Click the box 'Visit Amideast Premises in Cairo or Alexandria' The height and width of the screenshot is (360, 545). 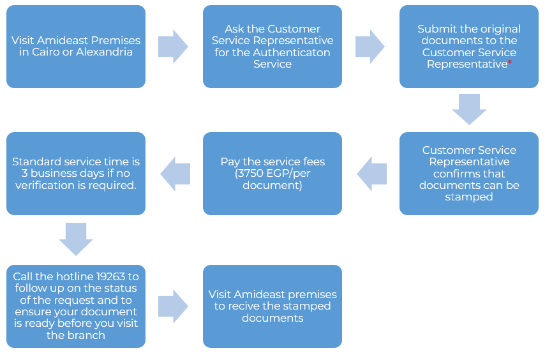click(76, 47)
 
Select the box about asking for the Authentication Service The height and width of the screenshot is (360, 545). click(272, 47)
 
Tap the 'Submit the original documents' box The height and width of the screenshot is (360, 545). click(469, 47)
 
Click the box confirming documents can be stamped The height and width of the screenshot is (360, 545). click(469, 174)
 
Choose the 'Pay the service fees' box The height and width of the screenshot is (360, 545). click(272, 174)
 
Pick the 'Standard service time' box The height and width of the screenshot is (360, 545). click(76, 174)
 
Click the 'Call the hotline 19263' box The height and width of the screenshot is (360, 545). click(76, 306)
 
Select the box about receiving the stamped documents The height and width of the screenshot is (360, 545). click(272, 306)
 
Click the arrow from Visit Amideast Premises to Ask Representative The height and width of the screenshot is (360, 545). click(173, 47)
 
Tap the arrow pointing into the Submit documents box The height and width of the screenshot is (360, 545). click(370, 47)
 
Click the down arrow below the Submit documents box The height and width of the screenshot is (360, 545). click(469, 109)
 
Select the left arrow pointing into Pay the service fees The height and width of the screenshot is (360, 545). click(371, 174)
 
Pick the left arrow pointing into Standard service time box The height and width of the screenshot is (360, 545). click(175, 174)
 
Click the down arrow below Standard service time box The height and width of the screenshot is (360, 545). click(76, 239)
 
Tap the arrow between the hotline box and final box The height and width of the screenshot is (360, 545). click(173, 306)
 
